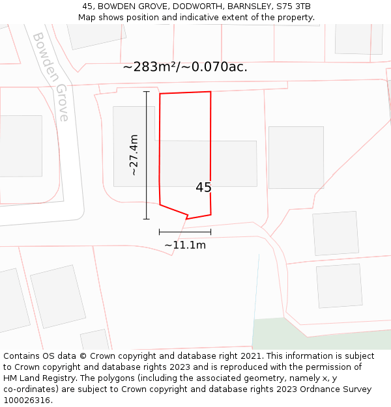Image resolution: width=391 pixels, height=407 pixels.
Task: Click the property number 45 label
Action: click(x=203, y=188)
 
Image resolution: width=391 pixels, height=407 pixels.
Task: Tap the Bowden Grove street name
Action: click(x=51, y=77)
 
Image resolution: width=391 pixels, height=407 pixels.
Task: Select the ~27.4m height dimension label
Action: click(x=134, y=155)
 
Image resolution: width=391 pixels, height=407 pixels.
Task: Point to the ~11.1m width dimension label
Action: click(x=185, y=246)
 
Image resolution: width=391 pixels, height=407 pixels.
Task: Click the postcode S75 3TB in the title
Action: click(x=293, y=7)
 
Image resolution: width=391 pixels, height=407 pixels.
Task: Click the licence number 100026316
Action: click(x=27, y=400)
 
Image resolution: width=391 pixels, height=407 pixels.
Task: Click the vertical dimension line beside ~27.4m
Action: click(x=147, y=155)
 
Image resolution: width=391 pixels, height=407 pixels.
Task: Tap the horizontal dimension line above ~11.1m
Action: click(x=185, y=231)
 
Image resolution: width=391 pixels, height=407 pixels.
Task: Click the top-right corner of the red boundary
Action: click(x=210, y=92)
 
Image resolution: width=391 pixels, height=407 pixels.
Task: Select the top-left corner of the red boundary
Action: click(x=160, y=94)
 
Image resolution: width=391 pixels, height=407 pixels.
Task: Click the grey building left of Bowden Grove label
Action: click(x=20, y=146)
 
